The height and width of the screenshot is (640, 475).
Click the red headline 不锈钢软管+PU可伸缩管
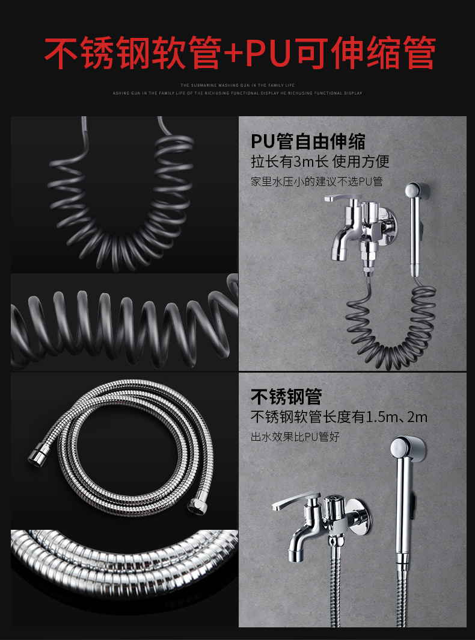tap(240, 53)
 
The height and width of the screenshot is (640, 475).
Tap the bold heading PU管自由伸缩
tap(308, 141)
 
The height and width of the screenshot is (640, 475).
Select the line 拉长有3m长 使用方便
tap(320, 162)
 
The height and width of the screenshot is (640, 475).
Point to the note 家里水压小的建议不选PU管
tap(317, 182)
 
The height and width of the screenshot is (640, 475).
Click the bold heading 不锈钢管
tap(286, 396)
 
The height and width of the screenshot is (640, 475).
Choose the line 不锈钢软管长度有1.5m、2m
tap(339, 417)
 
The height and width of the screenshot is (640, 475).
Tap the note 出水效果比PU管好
tap(295, 437)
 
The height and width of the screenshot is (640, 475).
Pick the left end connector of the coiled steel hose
tap(37, 456)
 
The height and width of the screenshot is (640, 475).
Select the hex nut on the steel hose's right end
tap(196, 506)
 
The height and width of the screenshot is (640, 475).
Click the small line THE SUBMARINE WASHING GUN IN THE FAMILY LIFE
tap(237, 85)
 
